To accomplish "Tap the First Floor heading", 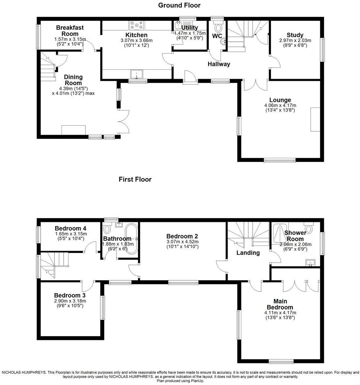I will [135, 179].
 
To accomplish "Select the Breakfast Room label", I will [70, 31].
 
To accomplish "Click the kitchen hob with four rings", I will [137, 26].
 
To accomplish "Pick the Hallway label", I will [219, 64].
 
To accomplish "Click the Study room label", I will [295, 35].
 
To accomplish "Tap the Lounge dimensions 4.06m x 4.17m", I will [280, 105].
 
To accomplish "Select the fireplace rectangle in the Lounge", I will [315, 119].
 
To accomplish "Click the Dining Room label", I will [73, 80].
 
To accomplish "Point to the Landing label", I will [248, 253].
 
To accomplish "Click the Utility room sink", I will [178, 25].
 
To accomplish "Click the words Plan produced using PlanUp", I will [179, 381].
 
